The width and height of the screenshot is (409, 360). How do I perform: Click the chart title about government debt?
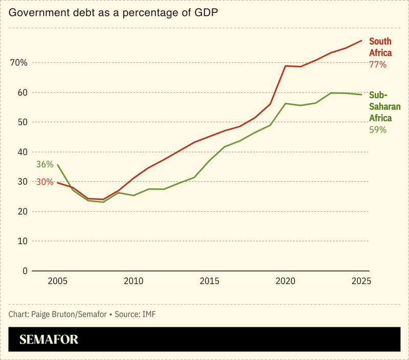tap(113, 13)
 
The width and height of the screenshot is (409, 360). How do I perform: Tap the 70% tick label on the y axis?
tap(18, 63)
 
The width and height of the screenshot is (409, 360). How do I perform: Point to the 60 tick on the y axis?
tap(21, 93)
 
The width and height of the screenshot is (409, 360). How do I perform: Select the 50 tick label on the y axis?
tap(21, 122)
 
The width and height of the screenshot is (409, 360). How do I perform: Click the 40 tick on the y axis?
tap(21, 152)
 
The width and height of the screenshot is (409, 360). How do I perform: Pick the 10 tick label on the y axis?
tap(21, 241)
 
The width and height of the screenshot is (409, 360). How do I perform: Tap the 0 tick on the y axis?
tap(24, 271)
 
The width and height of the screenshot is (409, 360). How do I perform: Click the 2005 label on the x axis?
tap(57, 281)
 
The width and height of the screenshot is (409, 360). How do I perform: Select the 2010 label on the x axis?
tap(133, 281)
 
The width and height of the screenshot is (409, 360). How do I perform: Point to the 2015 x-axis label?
tap(209, 281)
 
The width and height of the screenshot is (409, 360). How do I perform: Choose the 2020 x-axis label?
tap(285, 281)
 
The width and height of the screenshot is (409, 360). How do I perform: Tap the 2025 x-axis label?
tap(361, 281)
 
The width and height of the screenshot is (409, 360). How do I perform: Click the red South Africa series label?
tap(380, 47)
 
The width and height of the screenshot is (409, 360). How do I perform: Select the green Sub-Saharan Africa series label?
tap(384, 107)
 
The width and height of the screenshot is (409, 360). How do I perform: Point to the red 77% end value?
tap(378, 65)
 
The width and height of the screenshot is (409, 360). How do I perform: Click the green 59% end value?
tap(378, 130)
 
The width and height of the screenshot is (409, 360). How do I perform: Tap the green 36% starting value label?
tap(45, 164)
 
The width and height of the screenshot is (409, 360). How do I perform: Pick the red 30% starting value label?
tap(45, 182)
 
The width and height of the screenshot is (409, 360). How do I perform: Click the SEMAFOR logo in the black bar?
tap(49, 340)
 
